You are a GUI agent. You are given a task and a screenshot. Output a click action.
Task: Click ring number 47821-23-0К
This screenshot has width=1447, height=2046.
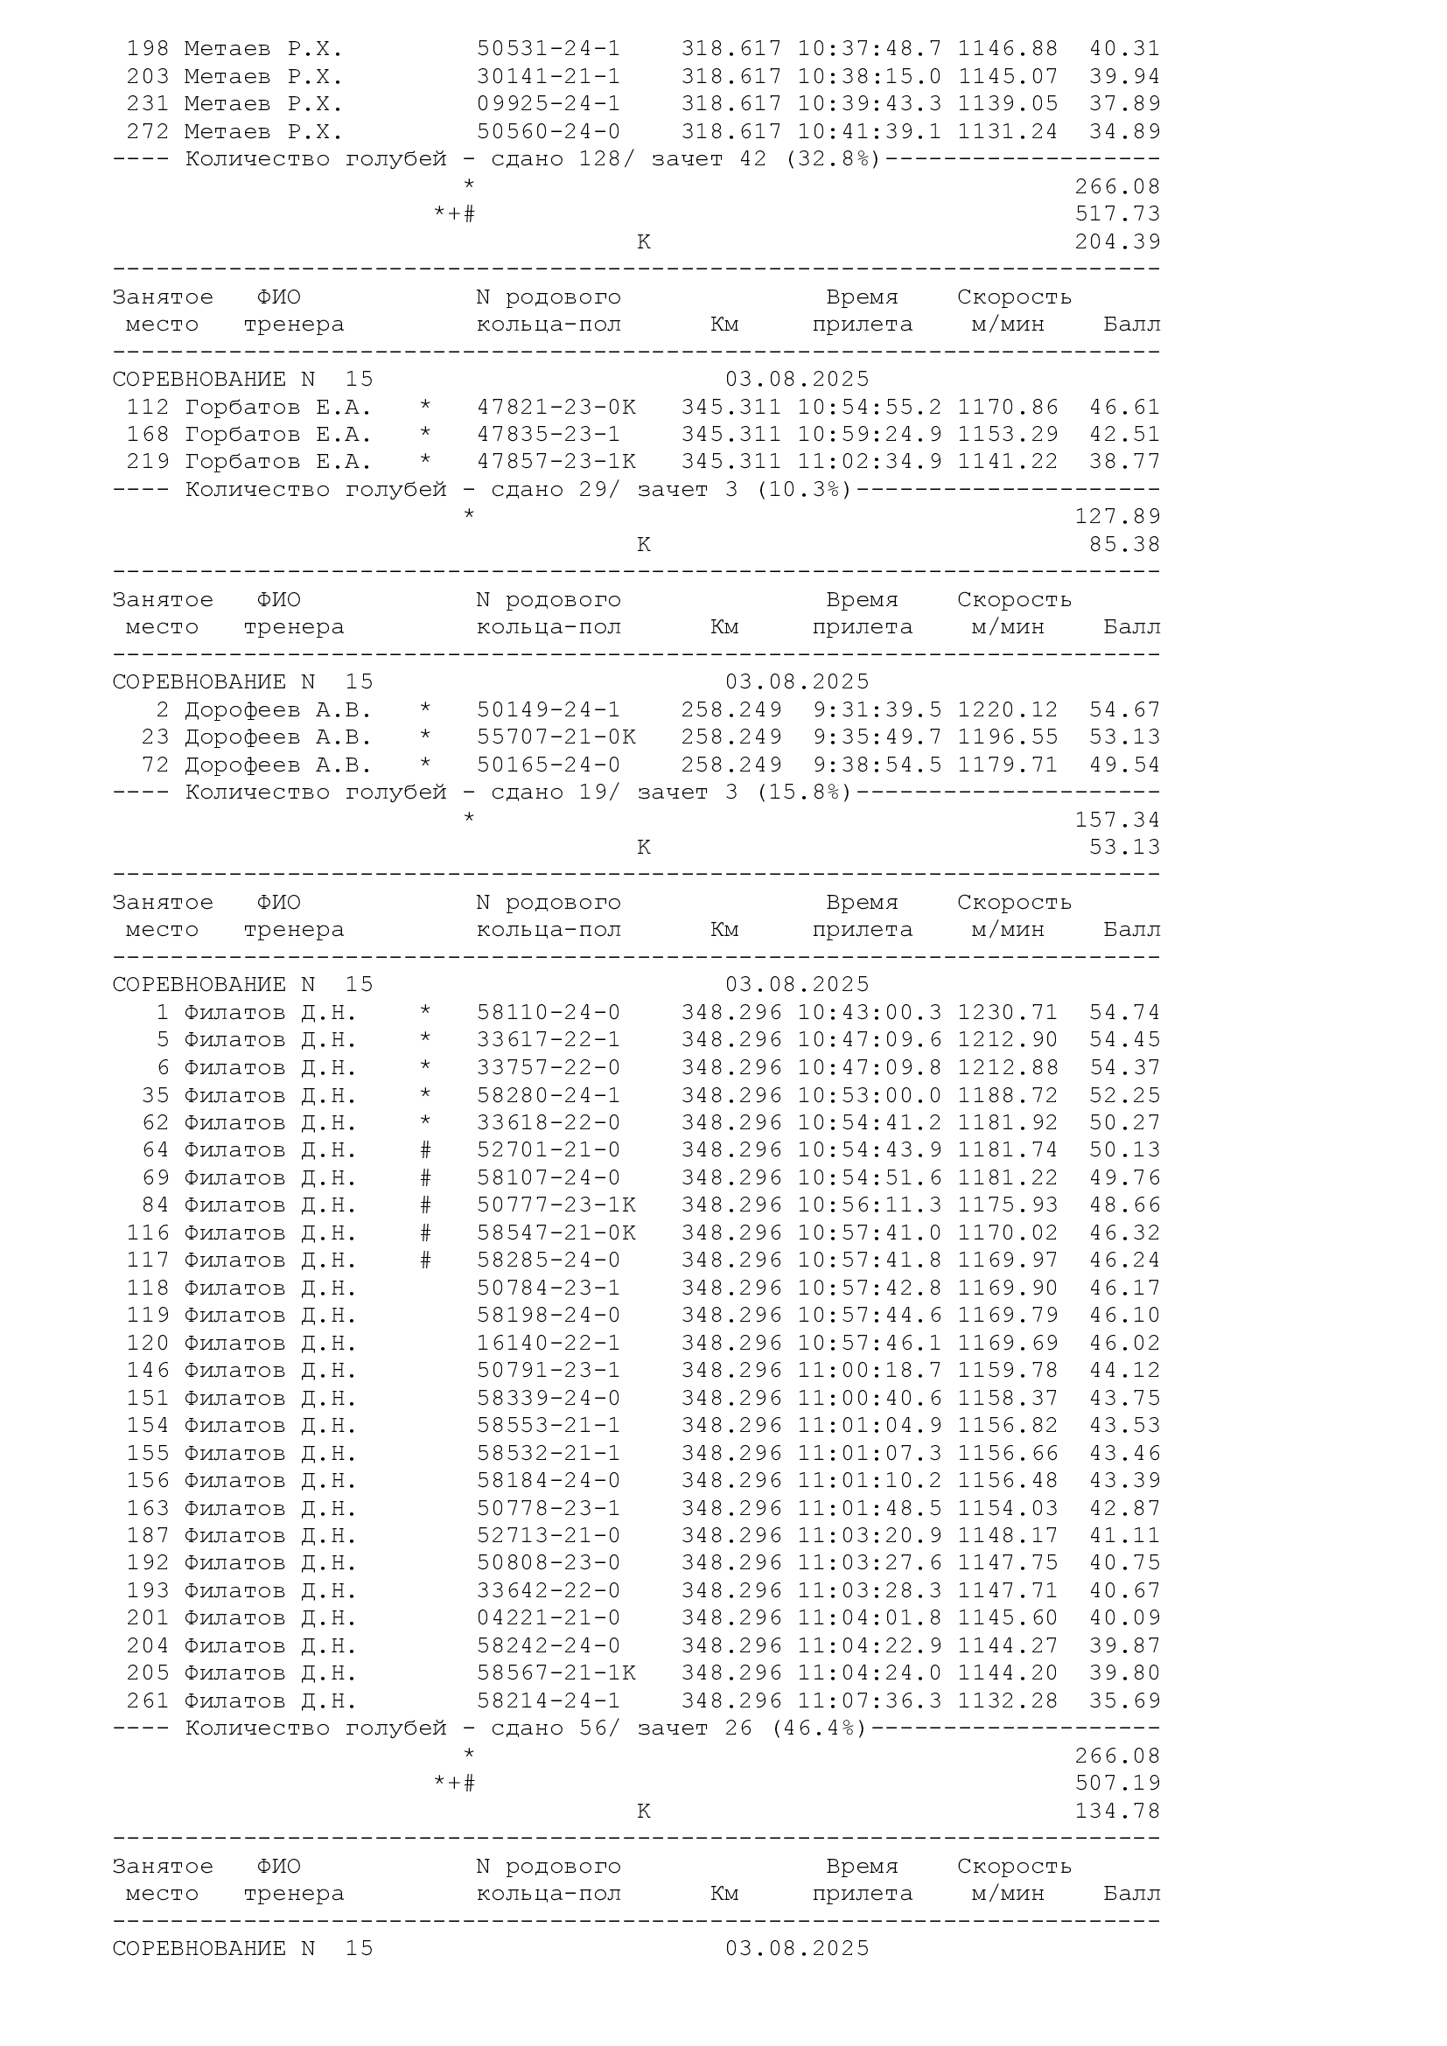[556, 408]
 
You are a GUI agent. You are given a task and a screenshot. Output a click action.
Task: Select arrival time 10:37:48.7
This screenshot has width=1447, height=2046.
[870, 48]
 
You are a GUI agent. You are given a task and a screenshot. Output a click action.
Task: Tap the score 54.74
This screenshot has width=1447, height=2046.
[1124, 1012]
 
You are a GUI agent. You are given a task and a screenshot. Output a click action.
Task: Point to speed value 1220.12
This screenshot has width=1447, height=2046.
[1008, 709]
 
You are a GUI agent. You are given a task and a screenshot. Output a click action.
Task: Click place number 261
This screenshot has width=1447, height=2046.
[148, 1700]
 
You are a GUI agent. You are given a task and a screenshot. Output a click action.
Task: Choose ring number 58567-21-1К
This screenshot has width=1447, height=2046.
[556, 1672]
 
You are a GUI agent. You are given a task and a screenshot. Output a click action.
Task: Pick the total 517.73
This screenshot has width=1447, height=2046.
[1117, 213]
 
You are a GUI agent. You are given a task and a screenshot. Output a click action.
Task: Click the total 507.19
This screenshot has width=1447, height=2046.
[1117, 1783]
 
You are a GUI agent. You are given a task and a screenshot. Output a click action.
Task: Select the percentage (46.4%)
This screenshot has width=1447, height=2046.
[819, 1728]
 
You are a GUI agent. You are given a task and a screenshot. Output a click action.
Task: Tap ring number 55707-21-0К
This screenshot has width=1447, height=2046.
[556, 737]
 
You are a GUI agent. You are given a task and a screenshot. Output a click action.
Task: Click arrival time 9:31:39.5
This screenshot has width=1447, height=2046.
[877, 709]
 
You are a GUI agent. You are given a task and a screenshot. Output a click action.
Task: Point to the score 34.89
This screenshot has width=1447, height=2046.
[1124, 132]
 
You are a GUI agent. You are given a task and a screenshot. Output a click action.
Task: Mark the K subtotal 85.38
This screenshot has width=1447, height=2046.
[1124, 544]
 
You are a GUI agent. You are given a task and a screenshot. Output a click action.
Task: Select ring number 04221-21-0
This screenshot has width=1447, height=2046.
[549, 1617]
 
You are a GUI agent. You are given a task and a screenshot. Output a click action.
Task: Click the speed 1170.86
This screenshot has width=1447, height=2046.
[1008, 408]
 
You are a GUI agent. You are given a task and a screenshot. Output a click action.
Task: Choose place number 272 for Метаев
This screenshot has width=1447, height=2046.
[148, 132]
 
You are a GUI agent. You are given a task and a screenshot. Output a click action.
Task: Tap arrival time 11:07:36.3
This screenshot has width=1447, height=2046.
[870, 1700]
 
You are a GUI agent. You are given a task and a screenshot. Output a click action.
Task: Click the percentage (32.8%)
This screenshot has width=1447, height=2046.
[833, 159]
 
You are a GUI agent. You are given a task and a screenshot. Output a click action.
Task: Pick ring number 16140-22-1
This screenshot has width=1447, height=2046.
[549, 1343]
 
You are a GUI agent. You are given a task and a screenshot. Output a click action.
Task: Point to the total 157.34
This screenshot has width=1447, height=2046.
[1117, 820]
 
